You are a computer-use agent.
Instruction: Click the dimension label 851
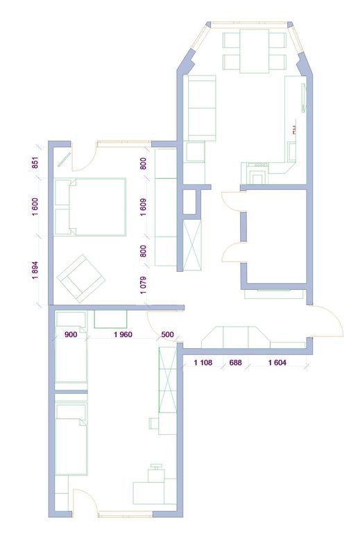tap(36, 162)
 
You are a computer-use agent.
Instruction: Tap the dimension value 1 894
tap(36, 270)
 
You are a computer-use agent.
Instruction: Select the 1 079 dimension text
tap(144, 285)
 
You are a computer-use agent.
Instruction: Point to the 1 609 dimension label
tap(144, 207)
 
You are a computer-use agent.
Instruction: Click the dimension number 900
tap(71, 334)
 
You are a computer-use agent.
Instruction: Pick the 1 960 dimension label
tap(123, 334)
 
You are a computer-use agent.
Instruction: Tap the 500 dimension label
tap(167, 334)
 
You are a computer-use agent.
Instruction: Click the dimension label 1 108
tap(203, 363)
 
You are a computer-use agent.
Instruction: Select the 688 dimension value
tap(235, 363)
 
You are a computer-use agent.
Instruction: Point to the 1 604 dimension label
tap(277, 363)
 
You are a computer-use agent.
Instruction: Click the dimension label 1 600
tap(36, 207)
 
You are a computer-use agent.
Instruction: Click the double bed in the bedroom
tap(90, 207)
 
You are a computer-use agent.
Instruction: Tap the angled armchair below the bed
tap(80, 279)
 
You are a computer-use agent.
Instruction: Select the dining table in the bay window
tap(255, 51)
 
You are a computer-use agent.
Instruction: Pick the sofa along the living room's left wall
tap(202, 108)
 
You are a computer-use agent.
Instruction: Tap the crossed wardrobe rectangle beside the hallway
tap(192, 246)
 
